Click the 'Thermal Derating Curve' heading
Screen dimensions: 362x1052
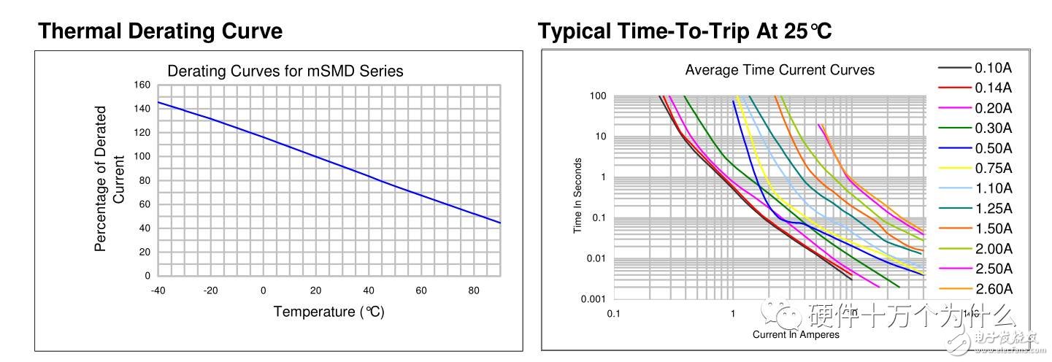click(x=160, y=31)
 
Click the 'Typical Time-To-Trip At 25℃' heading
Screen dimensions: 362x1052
click(x=685, y=31)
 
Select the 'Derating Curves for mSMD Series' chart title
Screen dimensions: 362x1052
click(x=285, y=71)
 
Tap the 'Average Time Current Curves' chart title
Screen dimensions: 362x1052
click(x=780, y=70)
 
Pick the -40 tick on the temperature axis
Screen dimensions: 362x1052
click(x=158, y=290)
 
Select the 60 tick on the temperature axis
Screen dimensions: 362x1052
click(x=421, y=290)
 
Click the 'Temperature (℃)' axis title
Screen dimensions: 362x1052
click(x=329, y=312)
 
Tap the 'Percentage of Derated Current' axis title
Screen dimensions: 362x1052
click(x=110, y=179)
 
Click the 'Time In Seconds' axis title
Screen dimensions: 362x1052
click(x=577, y=196)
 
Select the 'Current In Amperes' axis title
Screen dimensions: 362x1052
click(x=796, y=334)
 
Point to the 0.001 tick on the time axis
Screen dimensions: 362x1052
click(x=595, y=299)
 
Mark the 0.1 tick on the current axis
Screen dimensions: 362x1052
click(x=613, y=313)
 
